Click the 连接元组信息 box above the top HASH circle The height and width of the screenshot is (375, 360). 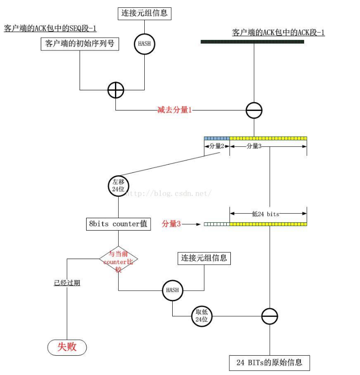(144, 13)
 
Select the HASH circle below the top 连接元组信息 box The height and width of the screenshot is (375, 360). (144, 44)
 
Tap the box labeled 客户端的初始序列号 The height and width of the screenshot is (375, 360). (79, 44)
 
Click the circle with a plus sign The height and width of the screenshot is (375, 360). (115, 90)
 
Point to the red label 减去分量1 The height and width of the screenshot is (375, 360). (174, 110)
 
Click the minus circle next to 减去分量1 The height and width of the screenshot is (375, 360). (254, 110)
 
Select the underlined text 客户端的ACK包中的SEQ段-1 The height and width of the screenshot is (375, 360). (50, 28)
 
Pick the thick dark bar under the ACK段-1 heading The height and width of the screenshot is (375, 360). (252, 42)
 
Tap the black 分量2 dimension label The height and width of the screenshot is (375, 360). (217, 146)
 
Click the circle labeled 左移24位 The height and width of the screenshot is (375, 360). (119, 185)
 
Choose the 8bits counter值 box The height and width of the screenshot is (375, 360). (118, 224)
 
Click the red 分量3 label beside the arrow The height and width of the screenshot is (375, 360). (171, 224)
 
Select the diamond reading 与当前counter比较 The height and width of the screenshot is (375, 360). (118, 262)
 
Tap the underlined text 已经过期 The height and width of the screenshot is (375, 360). (67, 283)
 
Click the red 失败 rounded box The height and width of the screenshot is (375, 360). (67, 347)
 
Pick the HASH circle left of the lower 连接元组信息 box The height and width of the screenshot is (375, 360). (172, 290)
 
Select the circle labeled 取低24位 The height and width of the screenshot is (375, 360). (202, 316)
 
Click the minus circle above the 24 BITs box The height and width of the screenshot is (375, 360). (270, 316)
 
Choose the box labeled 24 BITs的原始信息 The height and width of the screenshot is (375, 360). (269, 362)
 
